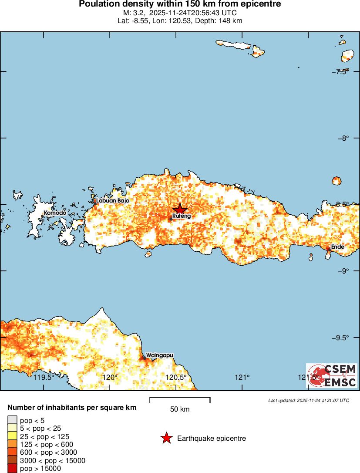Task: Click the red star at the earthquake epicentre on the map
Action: (x=180, y=209)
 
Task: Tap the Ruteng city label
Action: (x=182, y=216)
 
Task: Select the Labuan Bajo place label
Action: (x=113, y=201)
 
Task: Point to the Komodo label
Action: (x=55, y=213)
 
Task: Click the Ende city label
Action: (x=338, y=247)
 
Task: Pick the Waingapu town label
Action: (x=160, y=355)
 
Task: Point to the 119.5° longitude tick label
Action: (x=44, y=377)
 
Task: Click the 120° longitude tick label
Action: (x=110, y=377)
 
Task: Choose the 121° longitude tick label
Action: (x=242, y=377)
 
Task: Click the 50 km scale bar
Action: (x=180, y=399)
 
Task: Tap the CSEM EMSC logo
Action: (x=332, y=375)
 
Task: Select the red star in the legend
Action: (x=166, y=439)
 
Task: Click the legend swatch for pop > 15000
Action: (x=12, y=469)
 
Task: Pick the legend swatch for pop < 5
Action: (x=12, y=420)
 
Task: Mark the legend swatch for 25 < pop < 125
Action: (x=12, y=436)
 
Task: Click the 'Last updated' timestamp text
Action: (x=309, y=400)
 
